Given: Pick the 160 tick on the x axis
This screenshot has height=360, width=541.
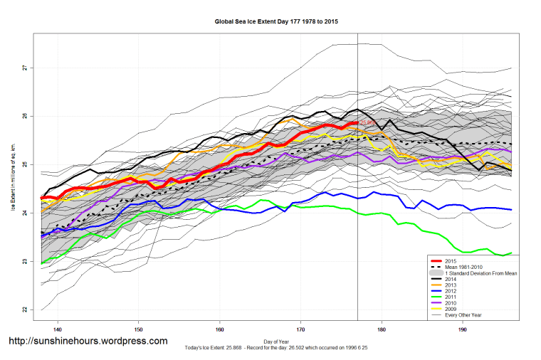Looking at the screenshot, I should point(220,329).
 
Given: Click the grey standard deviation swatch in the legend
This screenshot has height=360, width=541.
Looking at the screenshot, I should point(435,273).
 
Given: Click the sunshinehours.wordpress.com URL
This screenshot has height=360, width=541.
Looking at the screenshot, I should point(88,342).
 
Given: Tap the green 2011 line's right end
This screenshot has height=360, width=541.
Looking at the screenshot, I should point(511,253).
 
